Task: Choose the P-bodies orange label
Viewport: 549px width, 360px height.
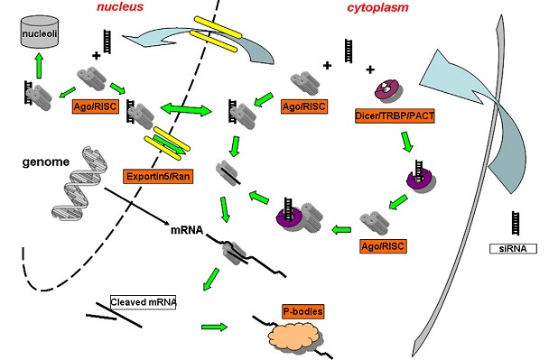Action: (291, 311)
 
